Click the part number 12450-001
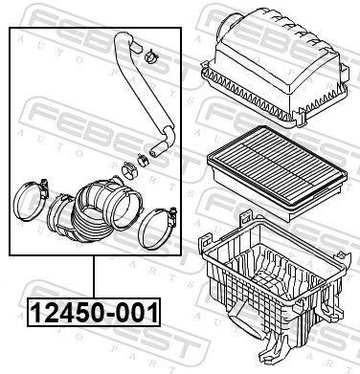pos(94,313)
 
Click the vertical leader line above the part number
pos(94,276)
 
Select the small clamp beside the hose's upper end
pos(150,57)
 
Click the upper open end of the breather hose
pos(137,47)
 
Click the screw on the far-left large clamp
pos(44,186)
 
